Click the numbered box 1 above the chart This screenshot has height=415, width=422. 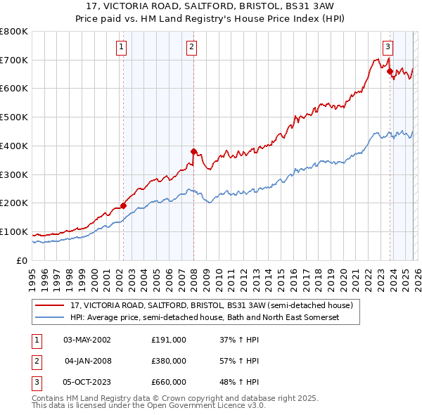[122, 47]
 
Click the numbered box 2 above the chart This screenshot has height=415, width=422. [191, 47]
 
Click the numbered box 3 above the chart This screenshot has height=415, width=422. [388, 47]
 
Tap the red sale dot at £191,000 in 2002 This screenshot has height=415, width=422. [123, 206]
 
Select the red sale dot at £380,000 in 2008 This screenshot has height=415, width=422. [193, 151]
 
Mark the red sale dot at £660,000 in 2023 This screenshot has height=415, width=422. [390, 71]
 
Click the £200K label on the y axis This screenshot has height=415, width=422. [14, 203]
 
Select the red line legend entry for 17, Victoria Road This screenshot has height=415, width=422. [215, 305]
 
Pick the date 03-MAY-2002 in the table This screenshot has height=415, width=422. [87, 340]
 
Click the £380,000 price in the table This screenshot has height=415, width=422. [168, 361]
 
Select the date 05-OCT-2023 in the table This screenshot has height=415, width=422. [87, 382]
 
